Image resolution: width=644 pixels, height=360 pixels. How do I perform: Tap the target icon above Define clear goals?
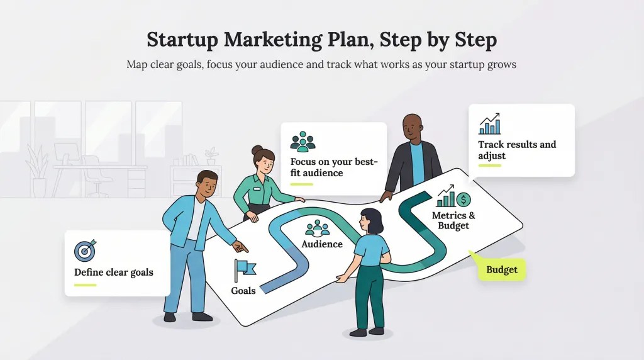coord(85,250)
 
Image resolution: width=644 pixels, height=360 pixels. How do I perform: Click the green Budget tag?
coord(501,269)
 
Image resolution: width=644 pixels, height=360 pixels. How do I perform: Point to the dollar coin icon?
coord(464,200)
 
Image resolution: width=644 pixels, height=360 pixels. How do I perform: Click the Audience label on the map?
coord(322,244)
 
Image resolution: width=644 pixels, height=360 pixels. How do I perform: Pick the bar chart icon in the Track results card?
coord(489,124)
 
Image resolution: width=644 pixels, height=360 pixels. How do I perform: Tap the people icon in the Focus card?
coord(303,142)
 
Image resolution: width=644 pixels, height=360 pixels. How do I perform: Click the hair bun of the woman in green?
coord(257,150)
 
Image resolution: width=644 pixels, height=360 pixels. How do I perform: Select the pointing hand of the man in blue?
coord(241,247)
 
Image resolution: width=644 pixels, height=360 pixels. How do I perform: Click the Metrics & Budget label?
coord(453,221)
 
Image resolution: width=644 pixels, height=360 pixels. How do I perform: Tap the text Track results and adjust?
coord(517,150)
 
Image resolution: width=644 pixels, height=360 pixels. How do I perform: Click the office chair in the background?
coord(96,176)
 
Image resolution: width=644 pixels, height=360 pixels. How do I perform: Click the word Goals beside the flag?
coord(243,291)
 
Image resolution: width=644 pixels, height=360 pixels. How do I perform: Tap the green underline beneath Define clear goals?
coord(85,285)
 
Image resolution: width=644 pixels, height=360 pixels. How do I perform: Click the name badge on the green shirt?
coord(257,189)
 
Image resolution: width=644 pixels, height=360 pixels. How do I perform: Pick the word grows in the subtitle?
coord(501,65)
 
